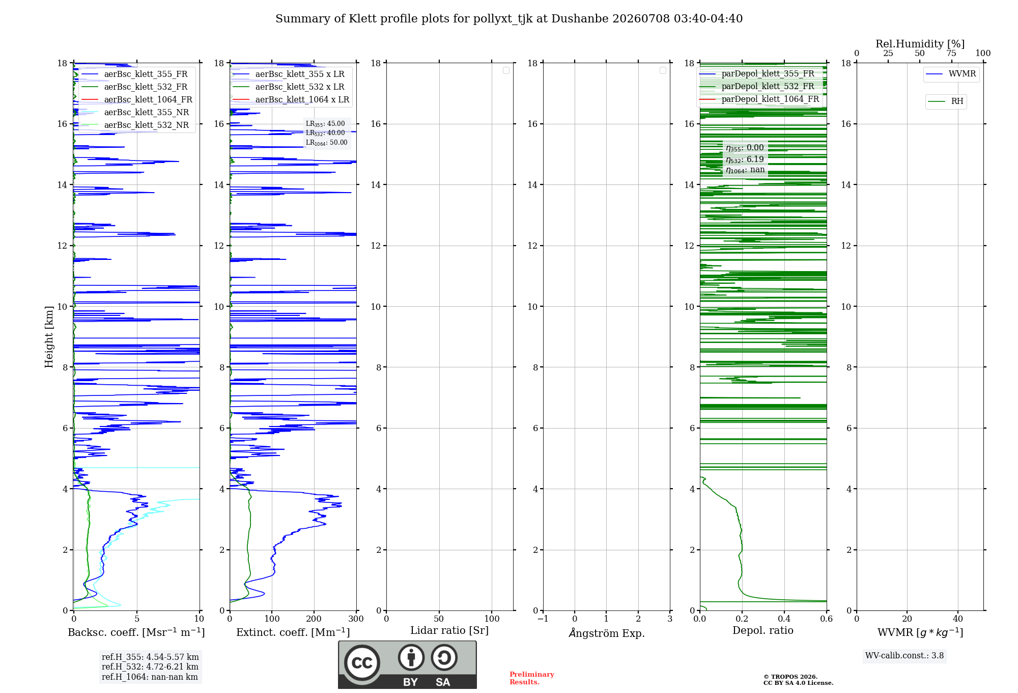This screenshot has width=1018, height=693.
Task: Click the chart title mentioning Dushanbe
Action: (509, 19)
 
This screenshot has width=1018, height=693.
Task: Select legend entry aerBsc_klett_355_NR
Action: (135, 112)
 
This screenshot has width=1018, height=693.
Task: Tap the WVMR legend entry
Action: (951, 74)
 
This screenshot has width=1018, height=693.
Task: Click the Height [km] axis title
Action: (49, 337)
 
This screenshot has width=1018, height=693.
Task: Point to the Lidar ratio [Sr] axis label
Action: (449, 631)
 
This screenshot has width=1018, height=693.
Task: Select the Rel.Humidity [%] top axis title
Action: (920, 44)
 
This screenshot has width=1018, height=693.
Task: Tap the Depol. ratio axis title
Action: (763, 630)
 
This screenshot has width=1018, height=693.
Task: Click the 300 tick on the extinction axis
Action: (356, 619)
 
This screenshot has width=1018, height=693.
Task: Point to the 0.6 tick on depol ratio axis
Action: (826, 619)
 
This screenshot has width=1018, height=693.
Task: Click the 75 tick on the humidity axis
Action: (951, 53)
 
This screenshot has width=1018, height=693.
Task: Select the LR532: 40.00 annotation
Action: (325, 133)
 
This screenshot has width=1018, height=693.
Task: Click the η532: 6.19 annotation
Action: (745, 159)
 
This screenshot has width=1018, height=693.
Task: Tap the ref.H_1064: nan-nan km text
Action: (150, 677)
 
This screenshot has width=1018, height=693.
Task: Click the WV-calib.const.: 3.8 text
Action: (904, 656)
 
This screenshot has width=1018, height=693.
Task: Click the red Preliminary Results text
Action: (532, 678)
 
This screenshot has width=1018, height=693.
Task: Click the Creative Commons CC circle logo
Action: (362, 663)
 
